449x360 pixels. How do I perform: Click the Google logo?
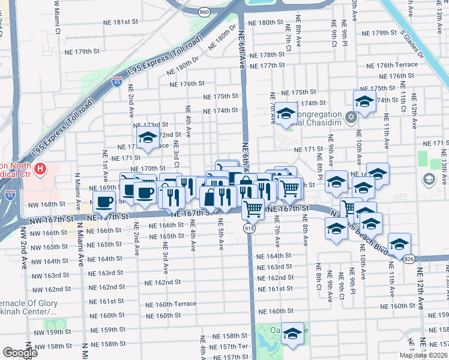(x=20, y=353)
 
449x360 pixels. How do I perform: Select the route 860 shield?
(x=205, y=11)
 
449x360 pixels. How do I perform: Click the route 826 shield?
(x=409, y=259)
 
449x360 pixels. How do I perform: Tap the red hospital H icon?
(x=40, y=170)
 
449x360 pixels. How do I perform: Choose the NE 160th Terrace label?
(x=171, y=304)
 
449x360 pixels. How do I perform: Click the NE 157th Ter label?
(x=233, y=346)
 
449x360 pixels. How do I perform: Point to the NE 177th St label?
(x=267, y=65)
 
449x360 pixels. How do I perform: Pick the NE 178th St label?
(x=268, y=54)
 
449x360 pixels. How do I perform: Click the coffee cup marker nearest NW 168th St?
(x=104, y=203)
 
